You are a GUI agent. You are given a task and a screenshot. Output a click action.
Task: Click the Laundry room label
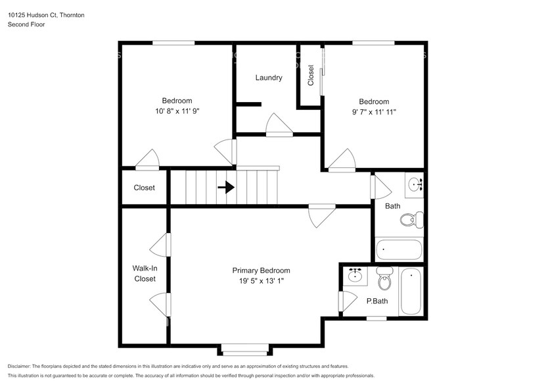pyautogui.click(x=269, y=78)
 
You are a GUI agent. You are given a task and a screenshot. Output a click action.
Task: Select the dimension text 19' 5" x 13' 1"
pyautogui.click(x=261, y=281)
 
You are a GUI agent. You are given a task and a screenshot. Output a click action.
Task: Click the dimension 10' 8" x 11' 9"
pyautogui.click(x=173, y=111)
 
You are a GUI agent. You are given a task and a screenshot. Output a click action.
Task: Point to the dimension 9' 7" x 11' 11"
pyautogui.click(x=373, y=112)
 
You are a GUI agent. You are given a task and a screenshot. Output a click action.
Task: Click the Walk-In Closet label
pyautogui.click(x=145, y=273)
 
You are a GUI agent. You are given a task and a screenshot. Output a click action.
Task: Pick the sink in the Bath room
pyautogui.click(x=414, y=184)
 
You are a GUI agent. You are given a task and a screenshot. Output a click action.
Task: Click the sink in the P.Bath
pyautogui.click(x=355, y=276)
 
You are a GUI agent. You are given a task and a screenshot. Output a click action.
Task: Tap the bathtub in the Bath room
pyautogui.click(x=399, y=250)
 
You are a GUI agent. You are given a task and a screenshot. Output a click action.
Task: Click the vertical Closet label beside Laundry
pyautogui.click(x=311, y=76)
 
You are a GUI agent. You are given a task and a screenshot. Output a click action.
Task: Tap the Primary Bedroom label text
pyautogui.click(x=261, y=271)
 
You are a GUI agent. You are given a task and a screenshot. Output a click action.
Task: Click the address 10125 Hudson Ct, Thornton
pyautogui.click(x=45, y=14)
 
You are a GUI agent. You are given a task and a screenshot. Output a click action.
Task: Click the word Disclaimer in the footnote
pyautogui.click(x=22, y=366)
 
